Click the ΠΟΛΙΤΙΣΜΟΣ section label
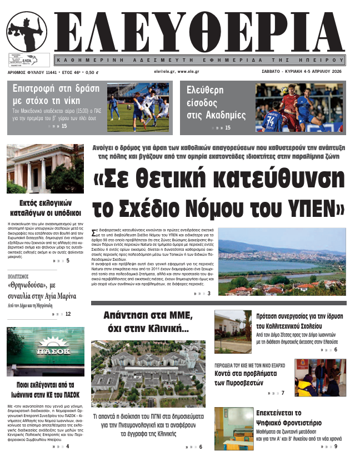22,275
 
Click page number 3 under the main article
209,294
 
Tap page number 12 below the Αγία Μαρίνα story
68,314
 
